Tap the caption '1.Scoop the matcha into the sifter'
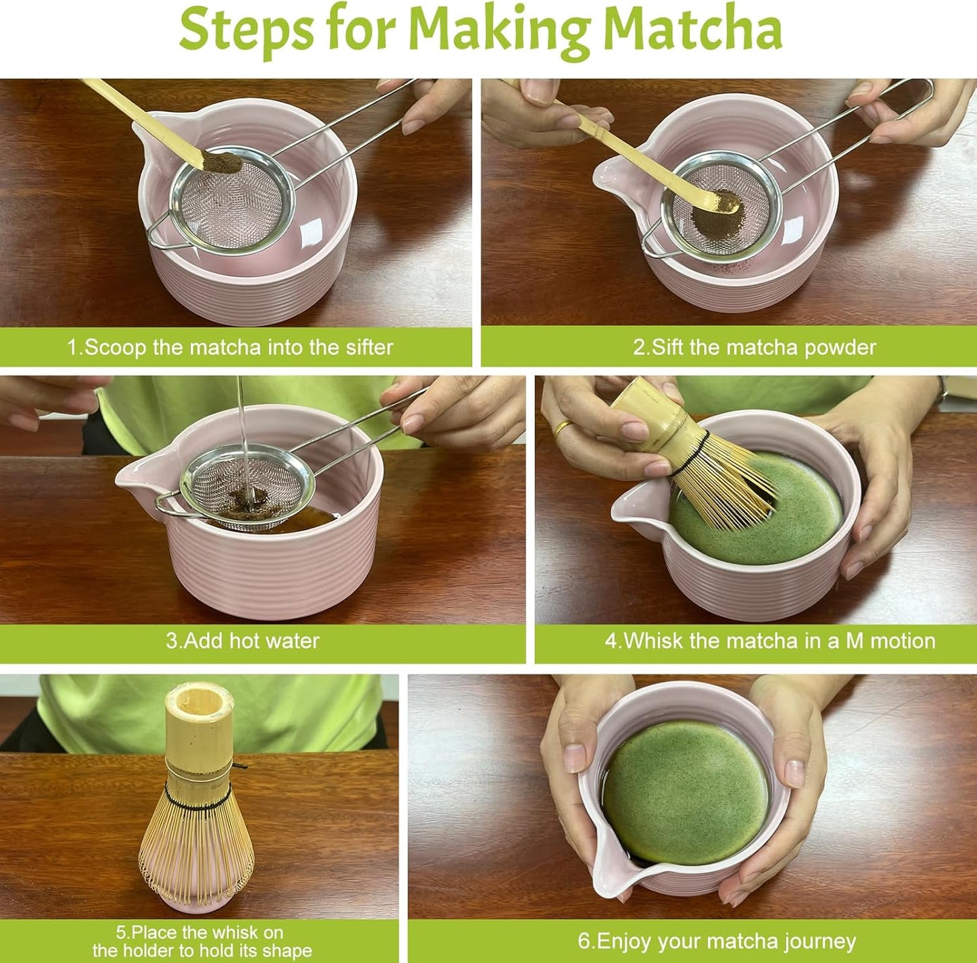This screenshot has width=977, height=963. [230, 347]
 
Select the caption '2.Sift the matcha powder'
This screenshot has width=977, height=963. [754, 347]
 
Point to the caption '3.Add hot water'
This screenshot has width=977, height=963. [243, 641]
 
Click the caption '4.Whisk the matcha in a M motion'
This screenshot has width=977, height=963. [770, 641]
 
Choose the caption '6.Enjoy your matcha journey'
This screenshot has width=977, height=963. [717, 941]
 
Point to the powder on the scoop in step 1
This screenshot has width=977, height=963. [222, 164]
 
